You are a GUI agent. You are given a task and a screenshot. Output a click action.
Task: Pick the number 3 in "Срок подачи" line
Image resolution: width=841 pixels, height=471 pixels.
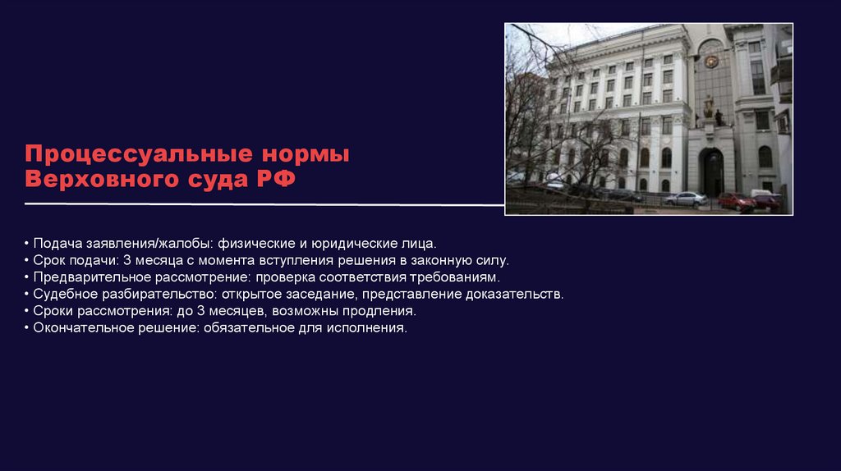127,260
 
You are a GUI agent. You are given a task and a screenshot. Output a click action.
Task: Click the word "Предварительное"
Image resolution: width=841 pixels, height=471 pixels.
91,277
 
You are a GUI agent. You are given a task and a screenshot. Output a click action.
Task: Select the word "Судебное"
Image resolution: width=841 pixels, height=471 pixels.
66,294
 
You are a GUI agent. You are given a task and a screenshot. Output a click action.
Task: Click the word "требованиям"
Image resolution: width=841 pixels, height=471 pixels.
456,277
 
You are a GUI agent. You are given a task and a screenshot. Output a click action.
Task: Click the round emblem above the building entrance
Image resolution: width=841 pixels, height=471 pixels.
710,61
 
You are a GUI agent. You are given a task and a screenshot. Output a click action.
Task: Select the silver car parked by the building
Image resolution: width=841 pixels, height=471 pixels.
685,199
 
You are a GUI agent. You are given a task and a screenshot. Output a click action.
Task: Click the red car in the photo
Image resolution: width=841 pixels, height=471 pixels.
736,200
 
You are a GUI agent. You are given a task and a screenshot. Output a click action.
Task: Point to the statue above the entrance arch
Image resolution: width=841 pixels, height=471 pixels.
708,107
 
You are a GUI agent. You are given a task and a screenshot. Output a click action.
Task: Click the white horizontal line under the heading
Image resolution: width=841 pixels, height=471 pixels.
263,203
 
